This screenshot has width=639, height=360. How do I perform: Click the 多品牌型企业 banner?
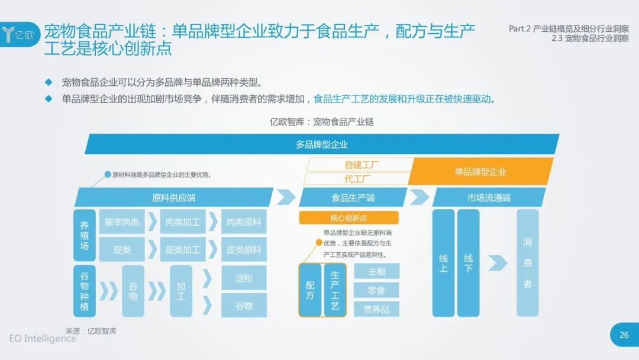click(x=322, y=144)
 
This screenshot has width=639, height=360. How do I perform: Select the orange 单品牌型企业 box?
click(x=481, y=171)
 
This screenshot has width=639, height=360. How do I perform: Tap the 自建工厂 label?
click(x=362, y=165)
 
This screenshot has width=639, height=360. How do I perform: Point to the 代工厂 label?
click(x=357, y=179)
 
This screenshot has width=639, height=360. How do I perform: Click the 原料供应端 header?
click(x=173, y=198)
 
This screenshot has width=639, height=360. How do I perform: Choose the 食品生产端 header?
click(x=353, y=198)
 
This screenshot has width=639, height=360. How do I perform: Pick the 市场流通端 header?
click(x=489, y=198)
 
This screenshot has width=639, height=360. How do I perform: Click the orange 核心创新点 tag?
click(x=348, y=218)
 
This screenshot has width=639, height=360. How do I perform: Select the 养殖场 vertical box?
click(x=85, y=235)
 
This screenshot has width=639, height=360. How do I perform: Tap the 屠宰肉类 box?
click(x=122, y=222)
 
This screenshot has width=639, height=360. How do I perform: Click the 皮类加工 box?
click(x=183, y=249)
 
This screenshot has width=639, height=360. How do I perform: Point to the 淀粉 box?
click(x=244, y=278)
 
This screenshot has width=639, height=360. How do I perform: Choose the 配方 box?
click(x=310, y=290)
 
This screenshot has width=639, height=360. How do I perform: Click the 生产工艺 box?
click(x=335, y=290)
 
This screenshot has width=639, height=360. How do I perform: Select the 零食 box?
click(x=376, y=290)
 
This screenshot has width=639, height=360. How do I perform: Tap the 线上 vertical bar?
click(x=443, y=263)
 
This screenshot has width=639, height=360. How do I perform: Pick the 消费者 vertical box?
click(x=528, y=263)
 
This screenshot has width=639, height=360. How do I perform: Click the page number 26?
click(x=624, y=335)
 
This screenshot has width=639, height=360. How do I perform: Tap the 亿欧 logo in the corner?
click(x=20, y=34)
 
